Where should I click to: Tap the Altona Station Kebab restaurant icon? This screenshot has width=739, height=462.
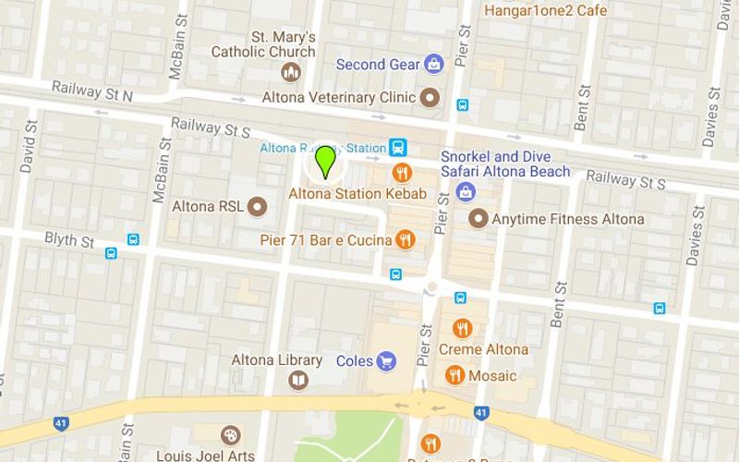click(x=403, y=173)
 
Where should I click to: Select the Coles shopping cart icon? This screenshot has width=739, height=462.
click(x=387, y=361)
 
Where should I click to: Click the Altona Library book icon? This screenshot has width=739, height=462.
click(x=298, y=380)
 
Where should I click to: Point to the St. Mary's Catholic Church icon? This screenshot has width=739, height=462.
click(x=291, y=73)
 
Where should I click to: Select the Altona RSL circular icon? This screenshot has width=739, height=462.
click(x=257, y=205)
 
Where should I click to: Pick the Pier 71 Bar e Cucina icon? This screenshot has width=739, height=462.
click(x=405, y=240)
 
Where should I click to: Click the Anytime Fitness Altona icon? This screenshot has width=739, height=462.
click(x=478, y=219)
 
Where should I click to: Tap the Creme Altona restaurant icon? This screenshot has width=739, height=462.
click(x=462, y=328)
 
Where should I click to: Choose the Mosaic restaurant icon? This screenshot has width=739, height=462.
click(x=454, y=375)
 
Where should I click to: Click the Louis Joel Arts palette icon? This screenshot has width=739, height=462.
click(x=229, y=435)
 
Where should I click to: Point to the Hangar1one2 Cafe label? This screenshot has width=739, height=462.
click(x=546, y=10)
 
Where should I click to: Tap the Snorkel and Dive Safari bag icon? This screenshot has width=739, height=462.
click(x=466, y=191)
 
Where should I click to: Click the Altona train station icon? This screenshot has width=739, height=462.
click(x=398, y=147)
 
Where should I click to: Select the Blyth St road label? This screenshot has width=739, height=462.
click(x=70, y=240)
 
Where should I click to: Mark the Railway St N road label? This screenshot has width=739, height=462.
click(x=92, y=91)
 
